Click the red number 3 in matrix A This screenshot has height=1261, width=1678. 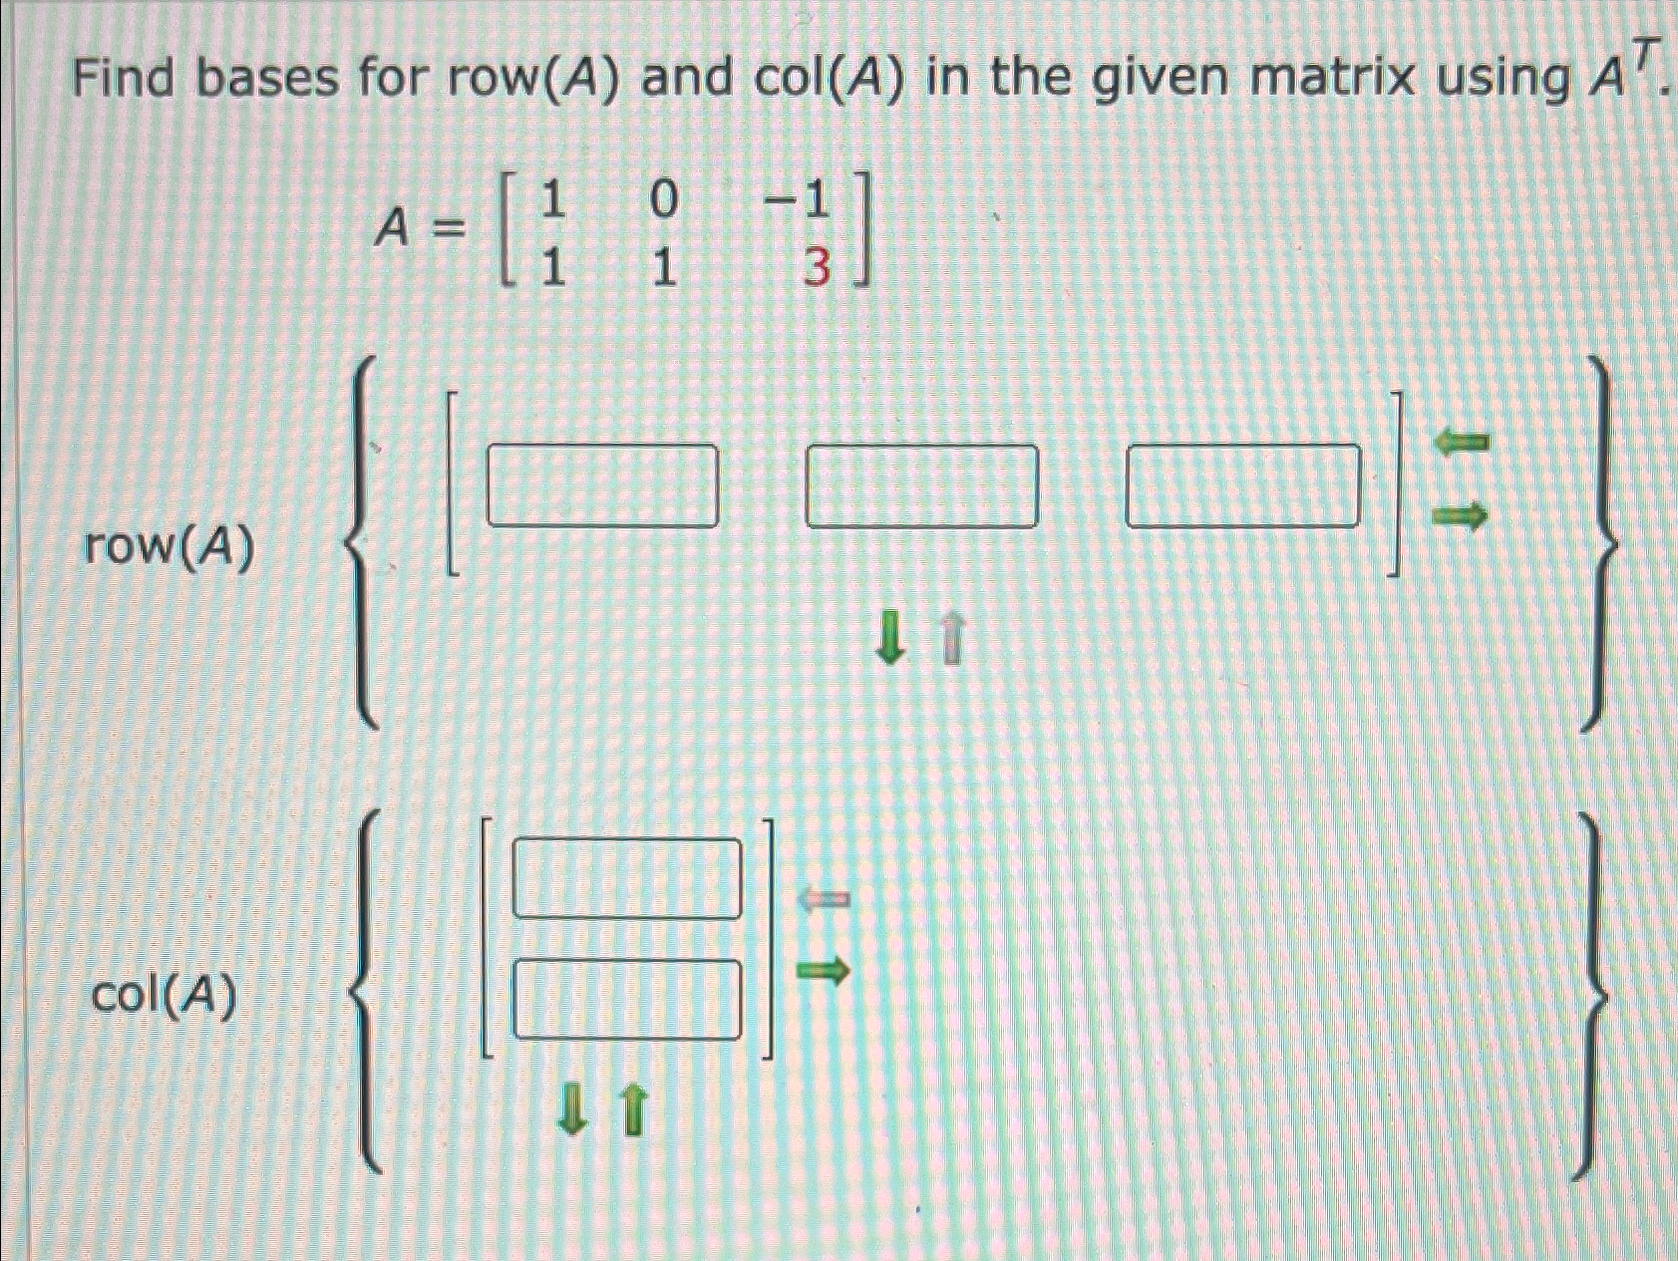point(815,268)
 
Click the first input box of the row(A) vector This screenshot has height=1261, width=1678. point(602,485)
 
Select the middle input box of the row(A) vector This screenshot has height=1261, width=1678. point(921,485)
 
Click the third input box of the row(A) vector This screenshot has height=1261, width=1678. point(1242,485)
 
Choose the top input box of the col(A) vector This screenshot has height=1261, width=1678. point(627,878)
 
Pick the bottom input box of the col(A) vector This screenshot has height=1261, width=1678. point(627,999)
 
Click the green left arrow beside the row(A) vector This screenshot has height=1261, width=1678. point(1461,441)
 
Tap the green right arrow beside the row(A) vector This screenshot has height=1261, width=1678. point(1461,515)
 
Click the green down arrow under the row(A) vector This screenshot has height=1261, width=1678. point(890,639)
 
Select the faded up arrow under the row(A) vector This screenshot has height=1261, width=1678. point(953,639)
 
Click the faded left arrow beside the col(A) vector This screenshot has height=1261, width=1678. point(823,900)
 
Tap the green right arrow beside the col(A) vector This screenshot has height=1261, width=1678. point(823,969)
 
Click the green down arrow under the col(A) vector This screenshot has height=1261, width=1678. point(571,1110)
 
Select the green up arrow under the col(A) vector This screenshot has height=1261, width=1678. point(633,1110)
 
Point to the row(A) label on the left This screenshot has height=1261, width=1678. point(169,547)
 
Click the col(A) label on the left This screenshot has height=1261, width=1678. point(166,995)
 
